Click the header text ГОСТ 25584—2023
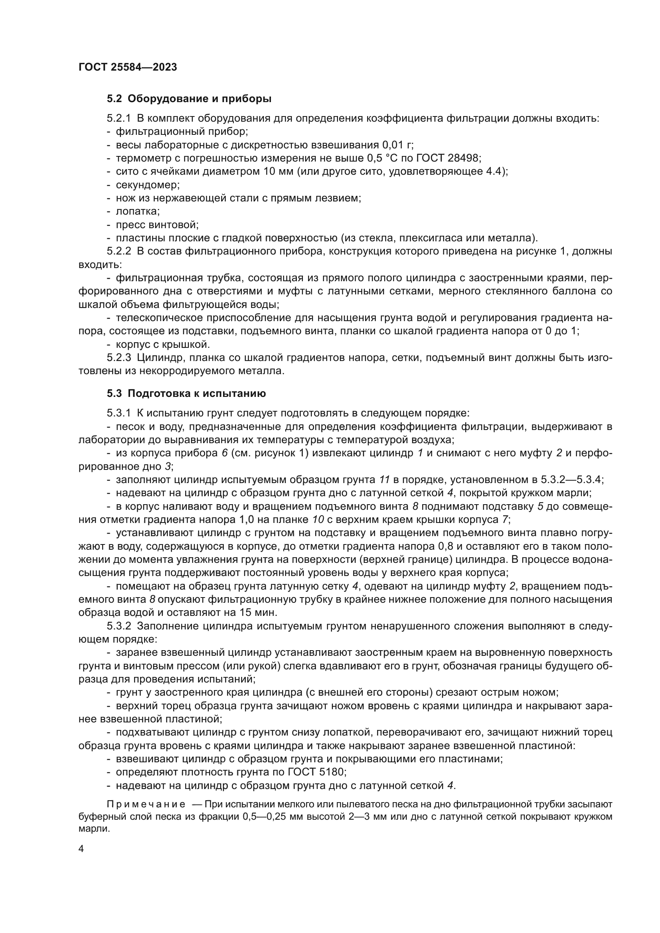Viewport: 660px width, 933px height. coord(128,67)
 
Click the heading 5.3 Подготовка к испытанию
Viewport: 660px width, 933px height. coord(186,393)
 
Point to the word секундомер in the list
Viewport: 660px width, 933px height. coord(148,185)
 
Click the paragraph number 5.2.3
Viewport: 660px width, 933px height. coord(119,358)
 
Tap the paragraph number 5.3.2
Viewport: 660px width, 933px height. coord(119,626)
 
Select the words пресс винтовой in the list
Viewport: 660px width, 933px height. coord(157,225)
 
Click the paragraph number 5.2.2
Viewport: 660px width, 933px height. coord(119,252)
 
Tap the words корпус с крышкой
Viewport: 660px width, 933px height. coord(162,345)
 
